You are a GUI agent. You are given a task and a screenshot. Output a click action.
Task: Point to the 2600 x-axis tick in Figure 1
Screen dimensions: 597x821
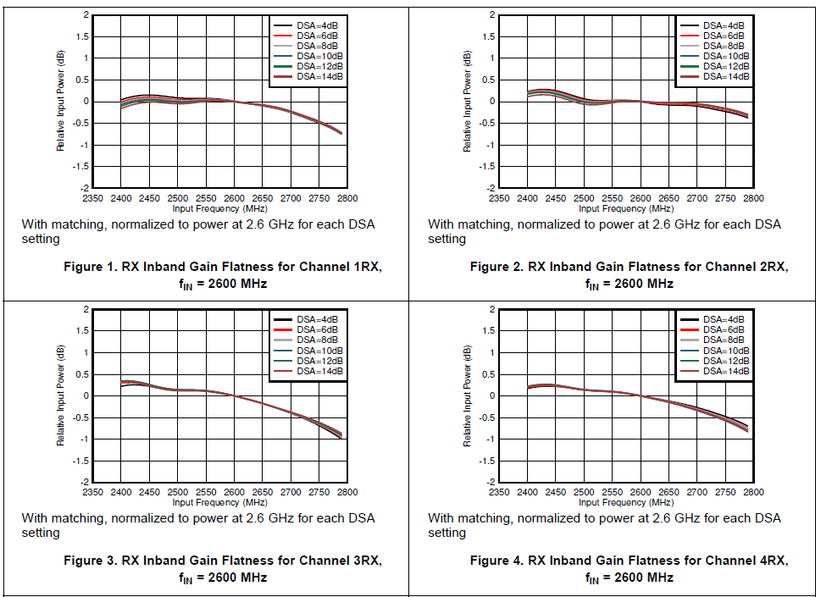234,198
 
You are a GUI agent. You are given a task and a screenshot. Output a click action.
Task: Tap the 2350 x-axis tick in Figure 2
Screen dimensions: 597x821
499,198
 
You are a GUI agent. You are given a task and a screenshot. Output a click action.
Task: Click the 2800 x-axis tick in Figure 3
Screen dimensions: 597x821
347,492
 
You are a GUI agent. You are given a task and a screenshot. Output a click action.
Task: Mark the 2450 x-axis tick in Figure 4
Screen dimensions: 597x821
556,492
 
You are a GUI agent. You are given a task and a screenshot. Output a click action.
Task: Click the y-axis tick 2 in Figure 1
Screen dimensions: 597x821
86,15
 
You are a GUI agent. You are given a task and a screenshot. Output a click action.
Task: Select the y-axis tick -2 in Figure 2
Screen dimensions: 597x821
491,187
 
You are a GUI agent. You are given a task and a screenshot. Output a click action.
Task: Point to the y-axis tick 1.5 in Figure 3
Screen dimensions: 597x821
82,331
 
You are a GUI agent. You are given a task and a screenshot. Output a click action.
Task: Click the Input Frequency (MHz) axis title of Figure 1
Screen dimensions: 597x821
219,208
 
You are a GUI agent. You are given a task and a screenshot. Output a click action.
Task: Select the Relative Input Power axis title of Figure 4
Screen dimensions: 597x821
467,395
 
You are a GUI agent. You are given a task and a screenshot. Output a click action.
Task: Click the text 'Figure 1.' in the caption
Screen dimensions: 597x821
91,267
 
